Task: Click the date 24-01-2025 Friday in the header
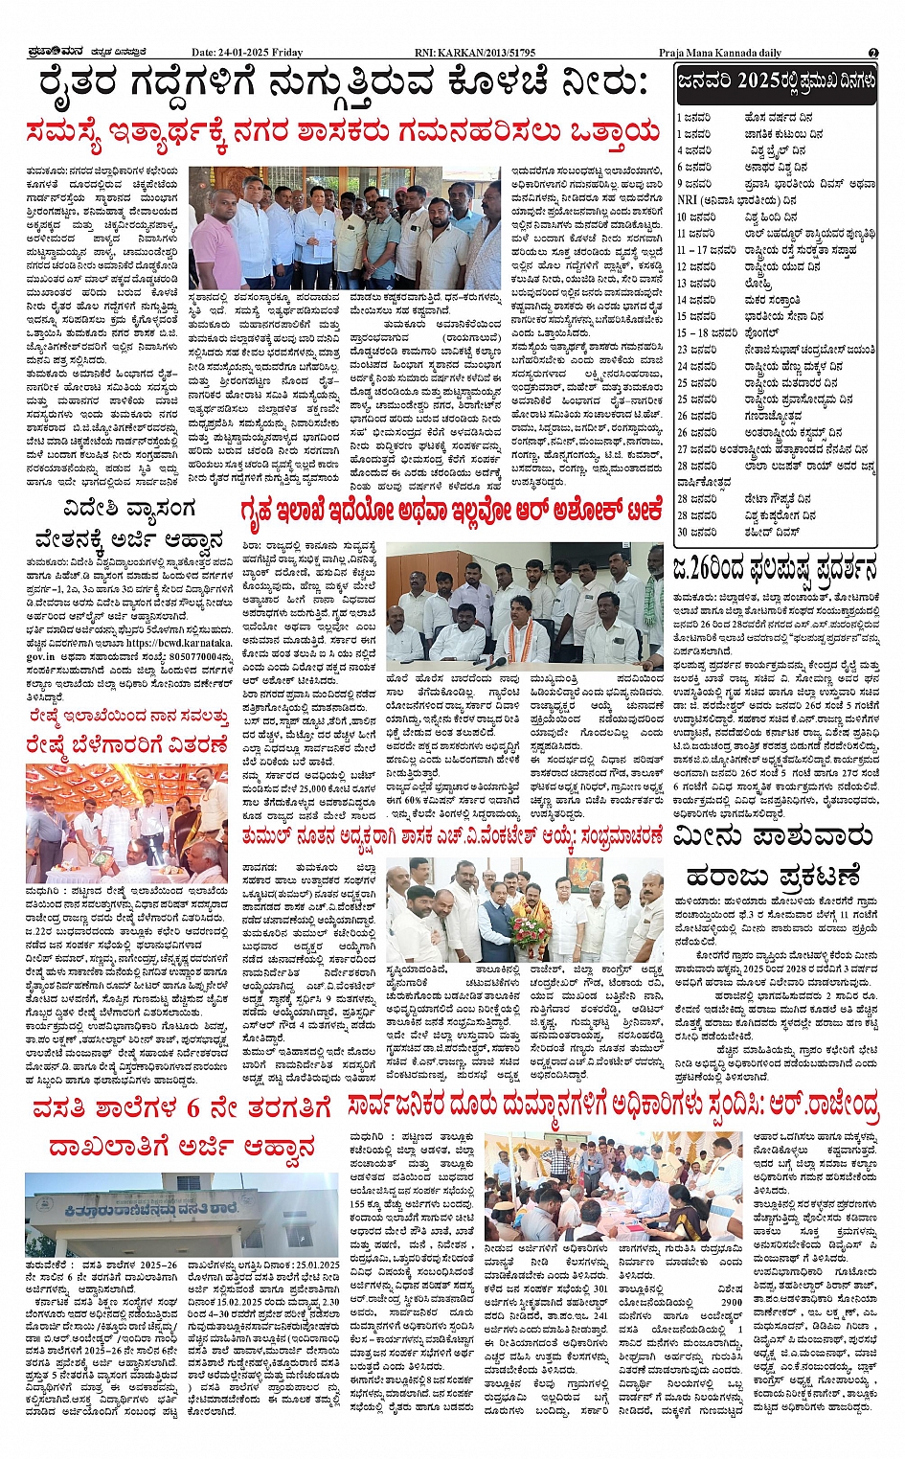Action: point(246,53)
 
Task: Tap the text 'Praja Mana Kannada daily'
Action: point(719,53)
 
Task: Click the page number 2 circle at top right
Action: point(873,53)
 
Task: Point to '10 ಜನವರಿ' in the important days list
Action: point(695,217)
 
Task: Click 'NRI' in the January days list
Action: point(687,200)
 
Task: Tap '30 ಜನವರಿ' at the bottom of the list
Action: point(695,532)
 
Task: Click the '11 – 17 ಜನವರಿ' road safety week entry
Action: point(707,250)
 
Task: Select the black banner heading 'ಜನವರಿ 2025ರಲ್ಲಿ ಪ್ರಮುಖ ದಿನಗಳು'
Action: point(776,83)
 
